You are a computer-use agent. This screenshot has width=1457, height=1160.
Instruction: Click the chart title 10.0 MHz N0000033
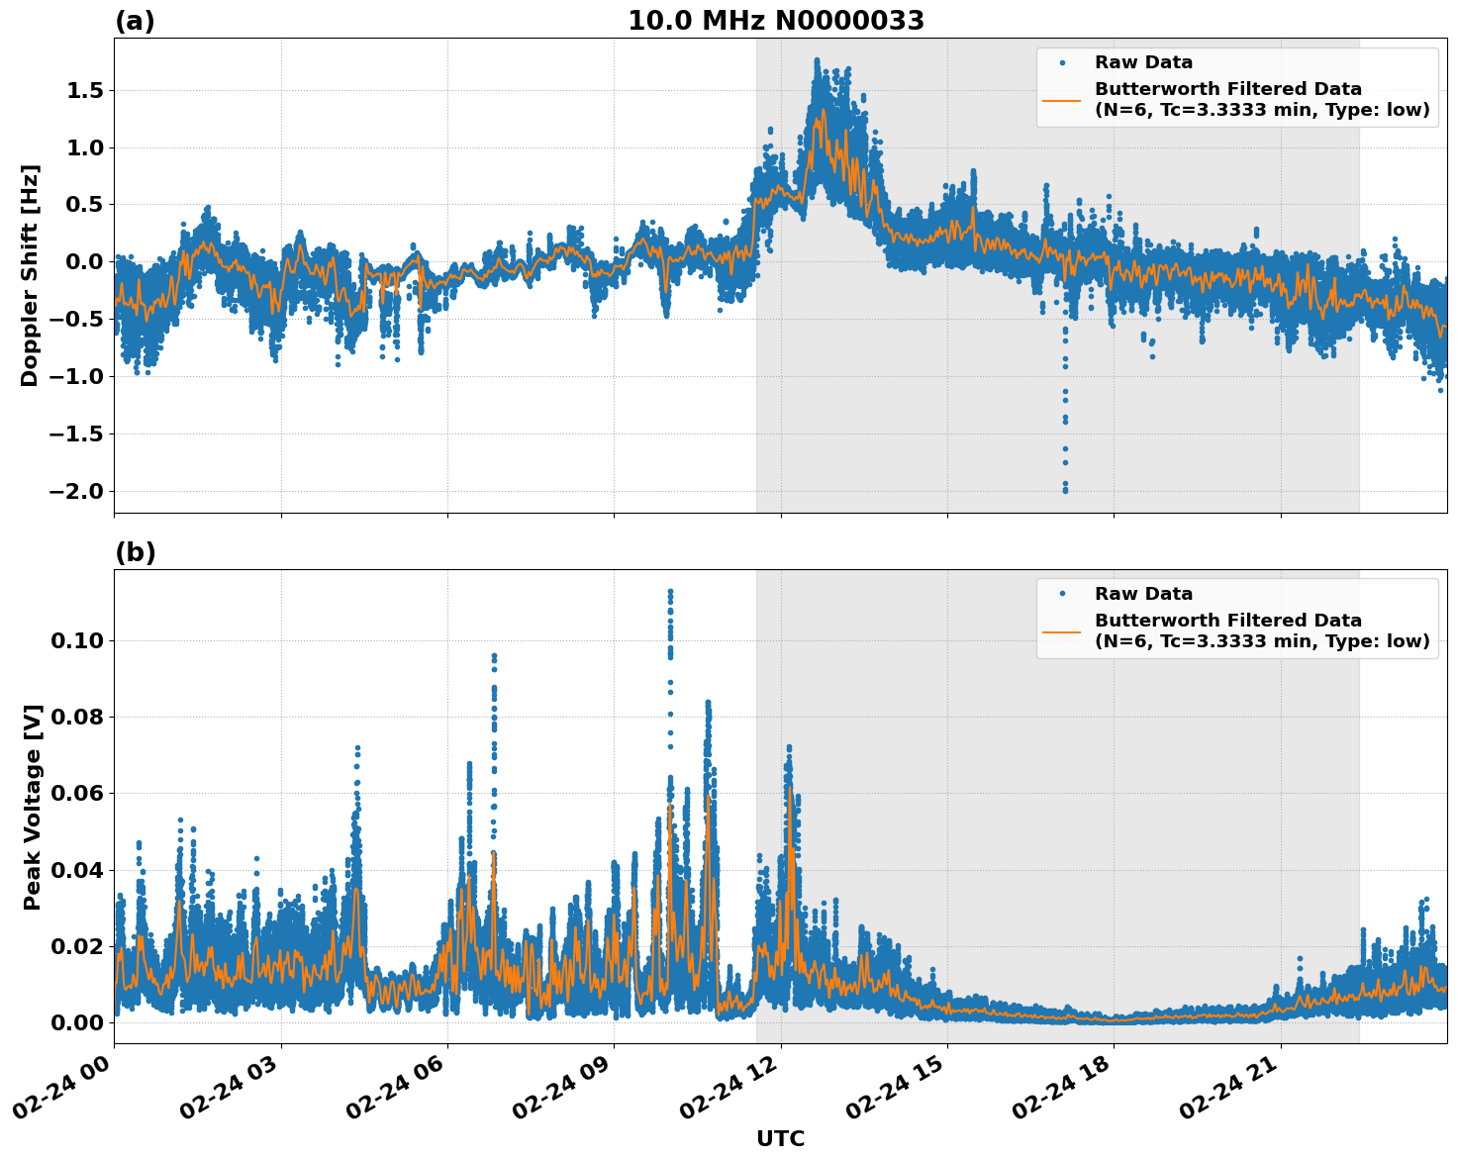[x=775, y=21]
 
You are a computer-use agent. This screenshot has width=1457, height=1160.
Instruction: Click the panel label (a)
[x=135, y=21]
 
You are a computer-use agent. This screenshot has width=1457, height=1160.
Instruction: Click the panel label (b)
[x=136, y=552]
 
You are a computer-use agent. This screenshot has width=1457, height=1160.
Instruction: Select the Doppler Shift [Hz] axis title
[x=30, y=275]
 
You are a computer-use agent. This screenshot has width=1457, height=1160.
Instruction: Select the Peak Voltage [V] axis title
[x=33, y=807]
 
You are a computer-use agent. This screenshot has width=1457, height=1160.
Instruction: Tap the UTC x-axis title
[x=780, y=1138]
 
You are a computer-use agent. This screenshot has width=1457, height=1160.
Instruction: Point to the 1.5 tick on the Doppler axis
[x=83, y=91]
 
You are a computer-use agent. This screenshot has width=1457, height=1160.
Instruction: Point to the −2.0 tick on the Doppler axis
[x=77, y=491]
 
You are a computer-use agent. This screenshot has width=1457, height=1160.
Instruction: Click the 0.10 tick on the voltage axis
[x=77, y=640]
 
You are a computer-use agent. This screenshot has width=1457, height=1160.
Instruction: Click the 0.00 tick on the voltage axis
[x=77, y=1022]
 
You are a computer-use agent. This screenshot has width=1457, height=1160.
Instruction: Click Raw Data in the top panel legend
[x=1143, y=62]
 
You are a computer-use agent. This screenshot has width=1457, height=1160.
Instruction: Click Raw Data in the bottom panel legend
[x=1143, y=594]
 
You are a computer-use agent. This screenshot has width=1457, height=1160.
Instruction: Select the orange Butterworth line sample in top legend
[x=1061, y=99]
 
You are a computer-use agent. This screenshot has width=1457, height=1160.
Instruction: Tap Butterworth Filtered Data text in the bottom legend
[x=1227, y=621]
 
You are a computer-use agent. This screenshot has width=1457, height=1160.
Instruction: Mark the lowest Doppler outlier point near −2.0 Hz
[x=1065, y=490]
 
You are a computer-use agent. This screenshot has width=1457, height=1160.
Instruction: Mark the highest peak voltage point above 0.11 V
[x=670, y=592]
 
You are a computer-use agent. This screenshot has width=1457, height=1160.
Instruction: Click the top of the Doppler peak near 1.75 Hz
[x=817, y=60]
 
